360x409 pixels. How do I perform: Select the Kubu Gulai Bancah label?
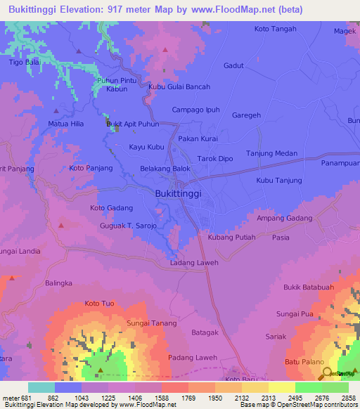(x=179, y=87)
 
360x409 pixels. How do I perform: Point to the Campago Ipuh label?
(x=196, y=110)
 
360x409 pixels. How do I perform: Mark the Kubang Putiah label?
(x=232, y=238)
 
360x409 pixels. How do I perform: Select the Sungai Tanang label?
(x=148, y=323)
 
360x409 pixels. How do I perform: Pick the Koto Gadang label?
(x=111, y=208)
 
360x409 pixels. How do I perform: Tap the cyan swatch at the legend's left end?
(x=41, y=387)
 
